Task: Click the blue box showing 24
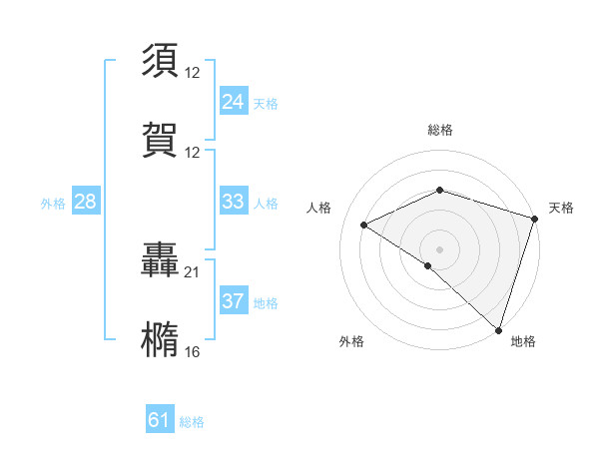click(x=234, y=102)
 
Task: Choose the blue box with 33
click(x=234, y=202)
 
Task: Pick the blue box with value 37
click(x=234, y=301)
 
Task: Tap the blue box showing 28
click(x=86, y=202)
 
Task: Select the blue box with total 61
click(x=160, y=420)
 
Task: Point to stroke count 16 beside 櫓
click(x=192, y=352)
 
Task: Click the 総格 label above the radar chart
click(x=440, y=131)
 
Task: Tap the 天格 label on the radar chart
click(x=562, y=208)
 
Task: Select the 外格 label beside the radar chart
click(x=351, y=342)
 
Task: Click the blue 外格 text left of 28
click(x=53, y=204)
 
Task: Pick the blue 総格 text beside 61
click(x=192, y=422)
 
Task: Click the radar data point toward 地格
click(x=497, y=328)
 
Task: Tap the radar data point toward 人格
click(x=364, y=225)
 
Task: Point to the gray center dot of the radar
click(x=440, y=248)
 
